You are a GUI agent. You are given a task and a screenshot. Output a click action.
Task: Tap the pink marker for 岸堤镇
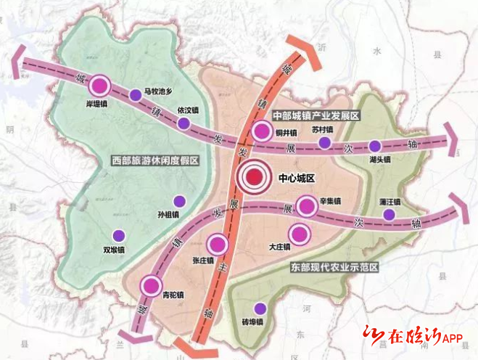point(101,87)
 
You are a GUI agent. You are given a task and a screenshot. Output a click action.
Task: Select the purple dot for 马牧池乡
point(136,94)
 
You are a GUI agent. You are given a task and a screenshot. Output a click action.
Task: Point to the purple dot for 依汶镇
point(185,123)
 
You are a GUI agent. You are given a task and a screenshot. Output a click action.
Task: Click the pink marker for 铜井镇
point(263,131)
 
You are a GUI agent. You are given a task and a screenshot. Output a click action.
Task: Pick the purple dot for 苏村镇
point(325,142)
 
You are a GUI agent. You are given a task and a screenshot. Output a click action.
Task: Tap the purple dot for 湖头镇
point(375,146)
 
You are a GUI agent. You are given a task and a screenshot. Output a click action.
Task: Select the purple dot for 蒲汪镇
point(390,214)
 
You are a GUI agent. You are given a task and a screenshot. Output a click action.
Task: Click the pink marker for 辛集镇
point(308,207)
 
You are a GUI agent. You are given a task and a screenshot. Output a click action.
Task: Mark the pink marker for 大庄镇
point(297,234)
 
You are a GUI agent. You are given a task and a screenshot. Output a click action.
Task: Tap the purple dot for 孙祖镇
point(179,202)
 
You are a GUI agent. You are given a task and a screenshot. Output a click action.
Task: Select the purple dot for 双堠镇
point(118,234)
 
